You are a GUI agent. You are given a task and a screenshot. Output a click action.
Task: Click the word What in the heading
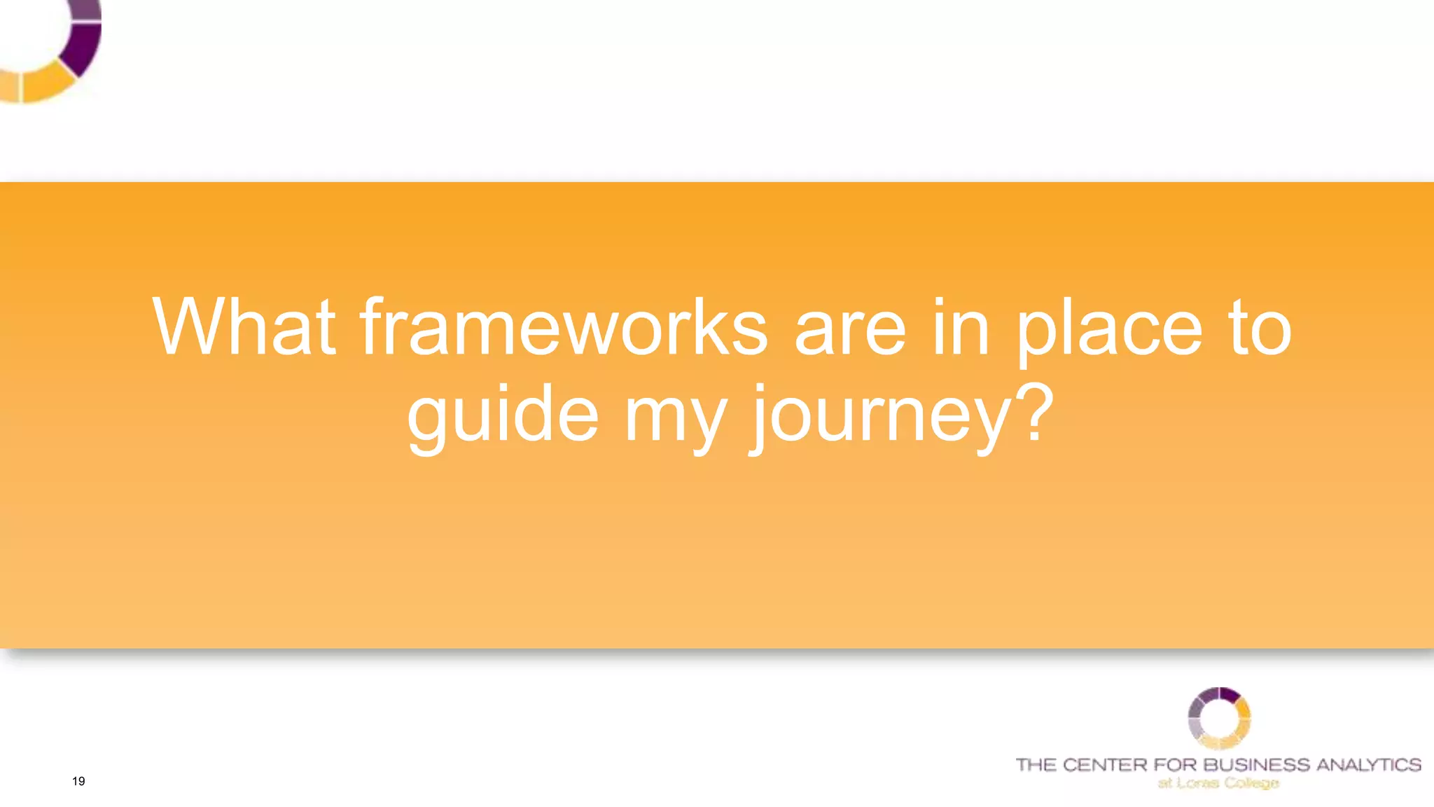coord(244,327)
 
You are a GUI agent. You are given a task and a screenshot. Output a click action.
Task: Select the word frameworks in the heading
coord(564,327)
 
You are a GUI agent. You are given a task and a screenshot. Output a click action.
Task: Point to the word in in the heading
coord(961,327)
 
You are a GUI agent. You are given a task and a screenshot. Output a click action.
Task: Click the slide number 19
coord(78,781)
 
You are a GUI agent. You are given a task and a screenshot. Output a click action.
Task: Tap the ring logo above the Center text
coord(1219,718)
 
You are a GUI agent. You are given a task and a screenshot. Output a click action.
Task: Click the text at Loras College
coord(1218,782)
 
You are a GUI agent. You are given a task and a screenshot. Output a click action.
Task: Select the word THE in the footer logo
coord(1036,764)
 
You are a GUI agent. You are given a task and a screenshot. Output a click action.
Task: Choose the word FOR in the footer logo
coord(1175,764)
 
